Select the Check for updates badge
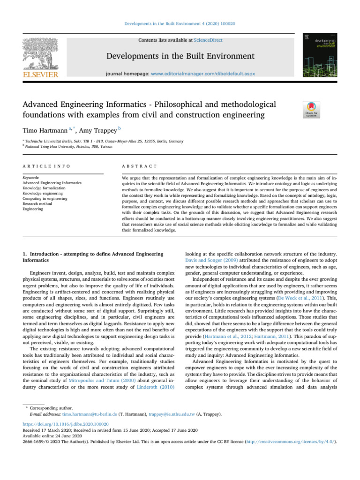click(x=312, y=110)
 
